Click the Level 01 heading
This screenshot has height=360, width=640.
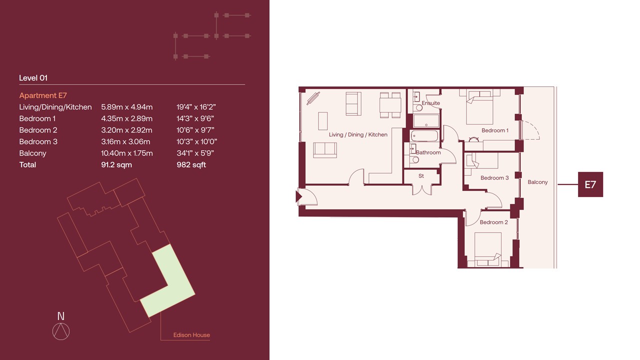pyautogui.click(x=33, y=78)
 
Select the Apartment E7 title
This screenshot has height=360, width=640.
pyautogui.click(x=43, y=95)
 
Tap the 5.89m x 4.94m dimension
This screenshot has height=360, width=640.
pyautogui.click(x=127, y=107)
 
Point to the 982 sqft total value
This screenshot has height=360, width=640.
pyautogui.click(x=191, y=165)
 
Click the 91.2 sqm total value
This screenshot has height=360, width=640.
pyautogui.click(x=116, y=165)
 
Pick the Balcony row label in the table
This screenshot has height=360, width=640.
pyautogui.click(x=32, y=153)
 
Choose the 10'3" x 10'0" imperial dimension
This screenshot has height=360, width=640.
pyautogui.click(x=196, y=141)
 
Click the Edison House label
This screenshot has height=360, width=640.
pyautogui.click(x=191, y=335)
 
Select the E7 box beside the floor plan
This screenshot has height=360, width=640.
pyautogui.click(x=590, y=184)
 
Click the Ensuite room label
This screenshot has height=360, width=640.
pyautogui.click(x=431, y=103)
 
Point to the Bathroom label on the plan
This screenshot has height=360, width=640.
pyautogui.click(x=428, y=152)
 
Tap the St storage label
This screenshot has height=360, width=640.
pyautogui.click(x=421, y=176)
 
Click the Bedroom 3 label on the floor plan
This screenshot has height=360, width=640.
pyautogui.click(x=494, y=178)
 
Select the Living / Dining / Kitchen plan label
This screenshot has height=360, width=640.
pyautogui.click(x=358, y=134)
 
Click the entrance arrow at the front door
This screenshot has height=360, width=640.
pyautogui.click(x=299, y=197)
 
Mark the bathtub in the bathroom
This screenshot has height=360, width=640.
pyautogui.click(x=424, y=136)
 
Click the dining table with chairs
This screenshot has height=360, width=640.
pyautogui.click(x=390, y=105)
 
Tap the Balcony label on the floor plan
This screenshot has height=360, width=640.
pyautogui.click(x=537, y=182)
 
